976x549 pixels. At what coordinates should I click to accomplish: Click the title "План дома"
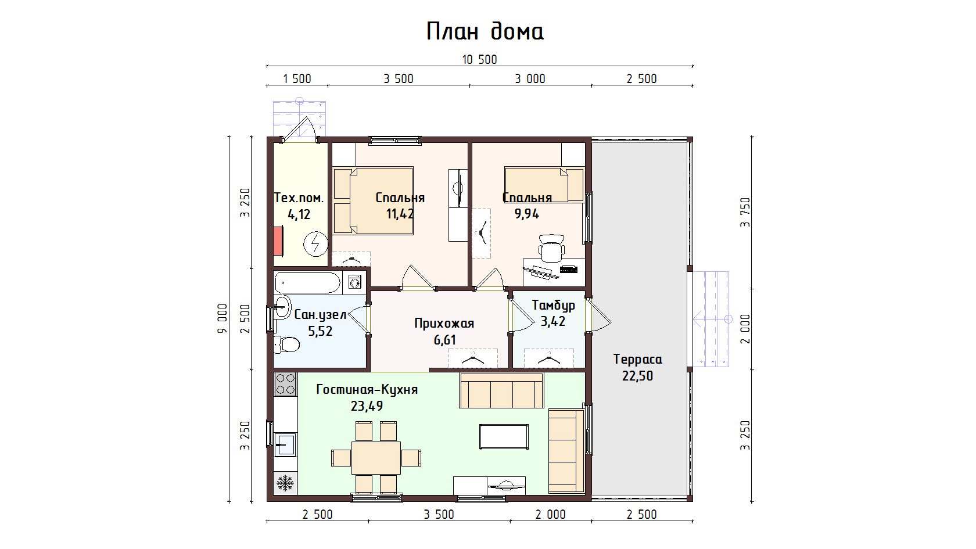click(485, 31)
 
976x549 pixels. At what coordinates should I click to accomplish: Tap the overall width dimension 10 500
click(479, 59)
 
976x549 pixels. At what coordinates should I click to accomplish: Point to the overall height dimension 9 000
click(222, 319)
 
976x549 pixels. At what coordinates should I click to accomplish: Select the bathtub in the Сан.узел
click(308, 283)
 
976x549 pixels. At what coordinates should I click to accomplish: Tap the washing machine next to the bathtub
click(354, 282)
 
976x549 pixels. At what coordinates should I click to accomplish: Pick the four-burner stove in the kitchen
click(285, 384)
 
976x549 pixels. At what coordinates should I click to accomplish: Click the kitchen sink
click(285, 444)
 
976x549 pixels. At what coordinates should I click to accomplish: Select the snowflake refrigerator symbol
click(285, 483)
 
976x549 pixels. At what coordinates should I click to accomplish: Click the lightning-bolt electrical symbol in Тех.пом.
click(315, 243)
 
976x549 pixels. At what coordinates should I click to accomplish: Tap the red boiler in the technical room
click(278, 241)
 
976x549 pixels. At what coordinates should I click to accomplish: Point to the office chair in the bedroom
click(552, 249)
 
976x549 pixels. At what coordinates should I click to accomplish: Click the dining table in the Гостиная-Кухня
click(376, 458)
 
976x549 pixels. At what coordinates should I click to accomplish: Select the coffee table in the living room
click(504, 437)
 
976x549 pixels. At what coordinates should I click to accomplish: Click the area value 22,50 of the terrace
click(637, 376)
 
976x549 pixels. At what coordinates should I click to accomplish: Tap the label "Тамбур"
click(553, 306)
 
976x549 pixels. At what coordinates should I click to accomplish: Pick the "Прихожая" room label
click(444, 323)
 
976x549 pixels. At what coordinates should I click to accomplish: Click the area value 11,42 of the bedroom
click(400, 214)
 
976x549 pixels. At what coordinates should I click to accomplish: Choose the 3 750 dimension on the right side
click(745, 212)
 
